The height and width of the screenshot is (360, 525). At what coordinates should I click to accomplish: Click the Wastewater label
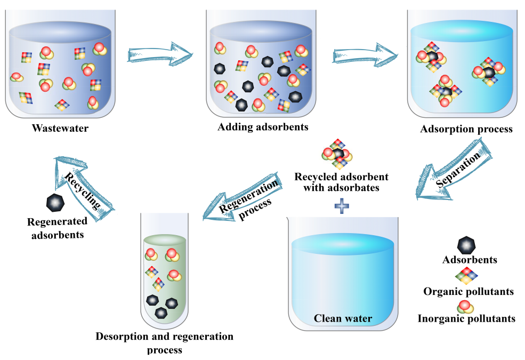coord(60,128)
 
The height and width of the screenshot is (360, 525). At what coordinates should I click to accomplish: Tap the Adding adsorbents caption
coord(263,127)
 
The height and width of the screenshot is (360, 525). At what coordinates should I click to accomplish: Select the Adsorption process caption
coord(466,129)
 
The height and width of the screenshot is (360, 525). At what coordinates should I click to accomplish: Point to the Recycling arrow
coord(83,188)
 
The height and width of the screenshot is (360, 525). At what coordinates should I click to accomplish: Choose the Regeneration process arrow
coord(243,197)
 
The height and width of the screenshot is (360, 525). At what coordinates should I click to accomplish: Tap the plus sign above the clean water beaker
coord(342,206)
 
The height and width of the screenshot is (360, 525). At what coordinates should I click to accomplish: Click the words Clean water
coord(343,318)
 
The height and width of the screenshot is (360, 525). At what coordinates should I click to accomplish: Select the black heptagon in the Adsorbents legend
coord(466,245)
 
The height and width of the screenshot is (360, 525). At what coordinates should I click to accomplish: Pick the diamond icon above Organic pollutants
coord(466,276)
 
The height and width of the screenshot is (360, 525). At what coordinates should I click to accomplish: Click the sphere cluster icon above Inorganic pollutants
coord(465,307)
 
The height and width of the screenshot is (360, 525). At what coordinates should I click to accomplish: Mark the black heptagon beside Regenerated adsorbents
coord(55,203)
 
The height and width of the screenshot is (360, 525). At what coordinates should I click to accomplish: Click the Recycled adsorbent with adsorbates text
coord(342,182)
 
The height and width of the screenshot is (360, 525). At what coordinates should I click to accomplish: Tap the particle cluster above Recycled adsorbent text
coord(337,154)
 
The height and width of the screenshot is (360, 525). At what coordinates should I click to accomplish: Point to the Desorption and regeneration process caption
coord(164,343)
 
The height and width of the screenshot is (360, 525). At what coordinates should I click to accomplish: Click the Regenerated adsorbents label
coord(57,228)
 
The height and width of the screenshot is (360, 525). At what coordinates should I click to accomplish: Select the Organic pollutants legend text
coord(469,292)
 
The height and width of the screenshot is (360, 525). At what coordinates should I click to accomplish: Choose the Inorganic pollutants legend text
coord(466,318)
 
